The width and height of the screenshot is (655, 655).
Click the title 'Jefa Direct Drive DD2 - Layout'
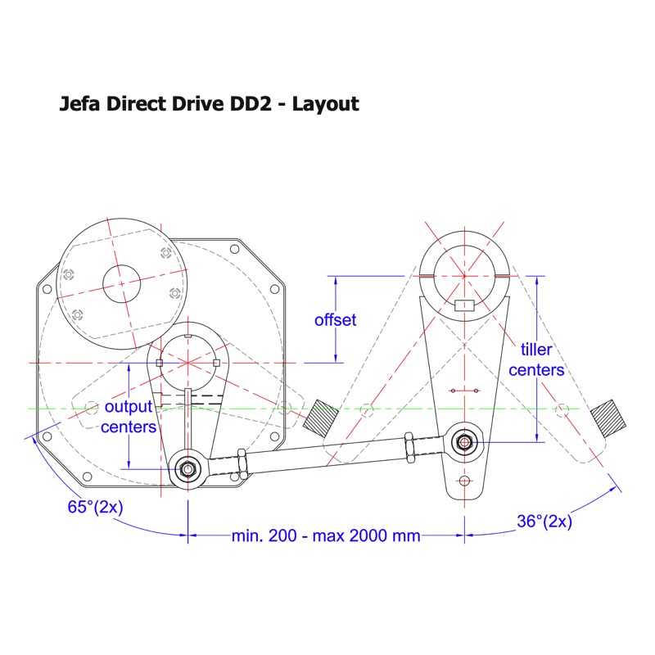coord(209,104)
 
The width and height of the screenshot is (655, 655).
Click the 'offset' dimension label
coord(336,319)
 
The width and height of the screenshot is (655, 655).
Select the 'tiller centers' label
coord(536,360)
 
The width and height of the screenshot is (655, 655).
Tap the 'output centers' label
coord(128,417)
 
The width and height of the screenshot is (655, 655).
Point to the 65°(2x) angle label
coord(95,506)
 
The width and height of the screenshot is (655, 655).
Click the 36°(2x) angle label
coord(544,521)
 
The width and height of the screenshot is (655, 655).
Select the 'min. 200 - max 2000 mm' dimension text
coord(326,536)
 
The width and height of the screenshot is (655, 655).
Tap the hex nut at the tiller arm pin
coord(465,442)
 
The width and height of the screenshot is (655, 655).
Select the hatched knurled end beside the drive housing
coord(320,418)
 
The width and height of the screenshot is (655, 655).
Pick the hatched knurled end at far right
coord(609,416)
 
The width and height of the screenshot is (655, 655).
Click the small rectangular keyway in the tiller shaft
coord(464,306)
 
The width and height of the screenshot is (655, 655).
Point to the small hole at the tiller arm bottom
coord(465,481)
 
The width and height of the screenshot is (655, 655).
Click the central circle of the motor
coord(123,283)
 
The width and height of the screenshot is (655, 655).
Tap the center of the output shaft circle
coord(189,361)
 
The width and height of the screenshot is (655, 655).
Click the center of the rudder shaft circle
coord(464,273)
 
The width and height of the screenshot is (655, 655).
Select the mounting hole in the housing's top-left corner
coord(47,287)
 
